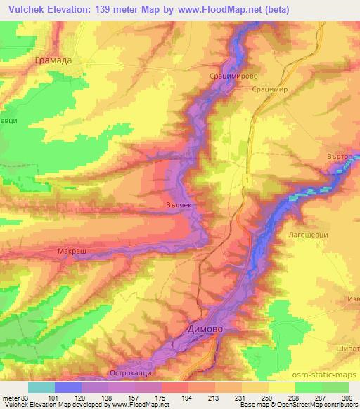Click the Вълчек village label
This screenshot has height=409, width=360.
(x=178, y=204)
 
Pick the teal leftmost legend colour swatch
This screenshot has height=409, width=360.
(x=41, y=387)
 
